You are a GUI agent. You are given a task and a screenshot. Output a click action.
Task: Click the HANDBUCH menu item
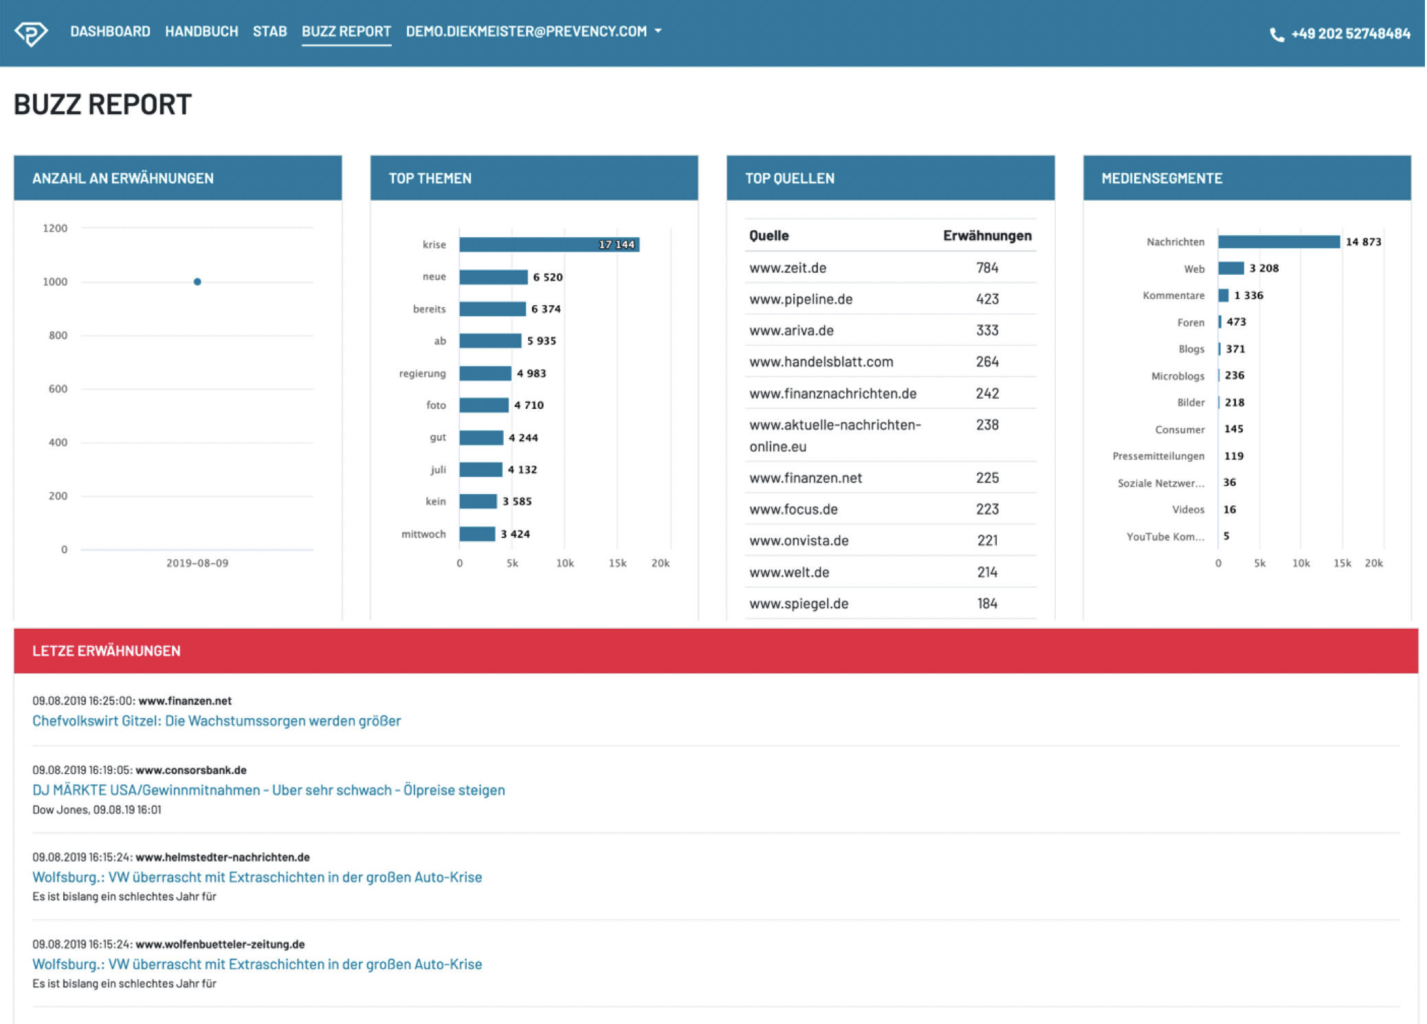201,32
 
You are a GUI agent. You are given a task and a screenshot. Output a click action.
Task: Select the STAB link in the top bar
269,32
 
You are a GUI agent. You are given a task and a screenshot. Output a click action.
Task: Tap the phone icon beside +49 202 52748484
1276,34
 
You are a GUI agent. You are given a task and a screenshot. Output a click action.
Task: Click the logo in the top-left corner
32,32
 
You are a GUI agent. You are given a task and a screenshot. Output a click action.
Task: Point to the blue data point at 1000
197,282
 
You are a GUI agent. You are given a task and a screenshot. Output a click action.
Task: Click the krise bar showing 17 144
549,245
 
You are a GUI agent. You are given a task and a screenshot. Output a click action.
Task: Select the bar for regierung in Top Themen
485,373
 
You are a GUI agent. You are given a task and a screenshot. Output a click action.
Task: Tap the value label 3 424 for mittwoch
515,534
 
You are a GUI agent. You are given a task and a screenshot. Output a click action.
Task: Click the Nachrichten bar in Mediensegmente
1279,242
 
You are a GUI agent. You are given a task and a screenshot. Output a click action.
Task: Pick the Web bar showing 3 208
1230,268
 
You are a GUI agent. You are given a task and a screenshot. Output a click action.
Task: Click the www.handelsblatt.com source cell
821,361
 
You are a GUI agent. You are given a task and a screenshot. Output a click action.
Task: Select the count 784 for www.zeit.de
987,268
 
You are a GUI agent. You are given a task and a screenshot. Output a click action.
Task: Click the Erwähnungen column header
986,236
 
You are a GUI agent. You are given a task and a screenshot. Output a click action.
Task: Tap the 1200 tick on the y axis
55,228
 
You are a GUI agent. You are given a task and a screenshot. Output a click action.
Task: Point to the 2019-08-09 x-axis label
197,563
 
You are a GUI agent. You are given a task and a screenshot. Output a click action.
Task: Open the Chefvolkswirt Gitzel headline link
217,721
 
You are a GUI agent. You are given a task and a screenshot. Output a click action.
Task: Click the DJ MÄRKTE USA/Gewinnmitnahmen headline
268,790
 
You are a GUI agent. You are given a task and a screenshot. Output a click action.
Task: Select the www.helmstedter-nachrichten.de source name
222,857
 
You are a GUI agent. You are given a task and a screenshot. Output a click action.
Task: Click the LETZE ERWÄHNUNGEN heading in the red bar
107,651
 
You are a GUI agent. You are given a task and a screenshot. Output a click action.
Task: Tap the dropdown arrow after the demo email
658,31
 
